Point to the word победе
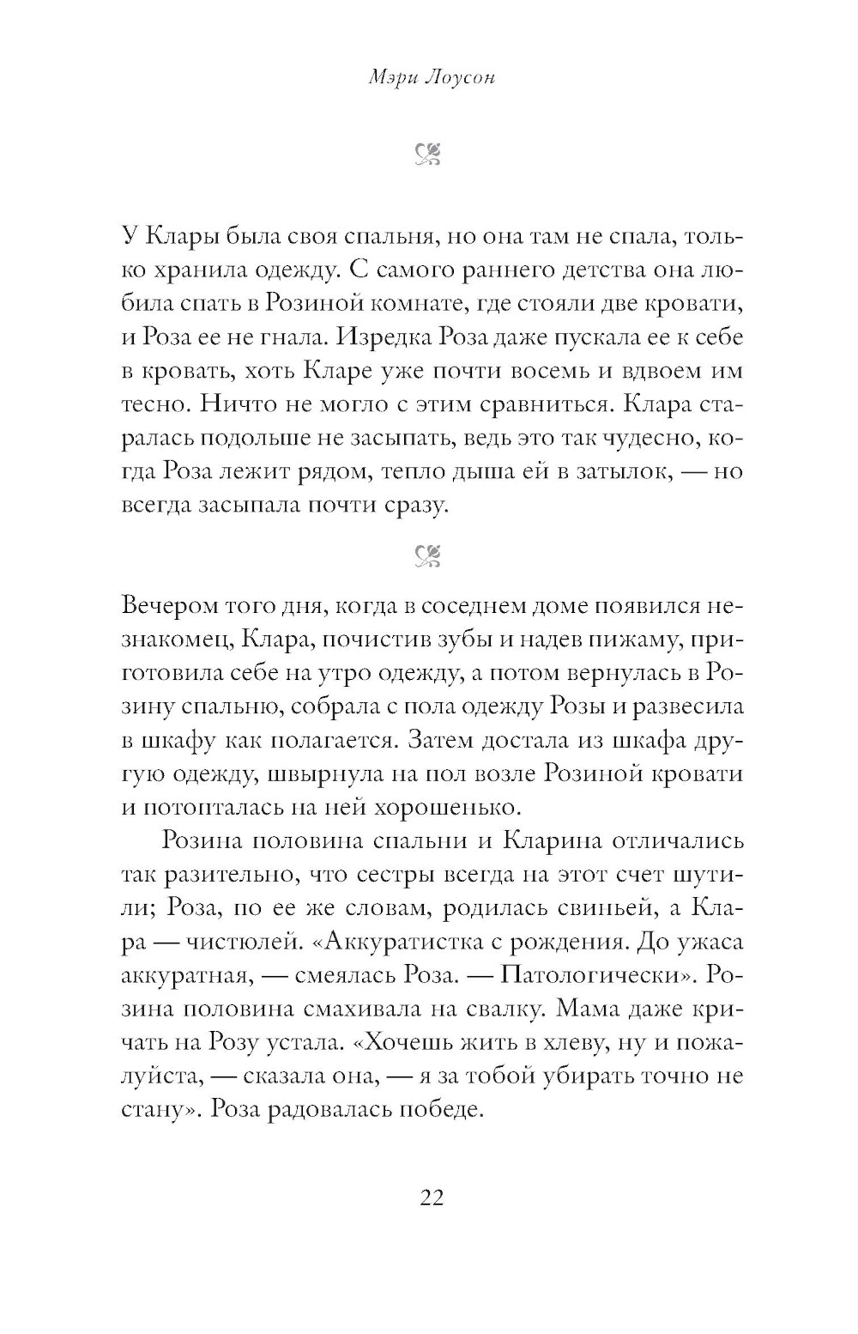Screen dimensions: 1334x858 click(432, 1109)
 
